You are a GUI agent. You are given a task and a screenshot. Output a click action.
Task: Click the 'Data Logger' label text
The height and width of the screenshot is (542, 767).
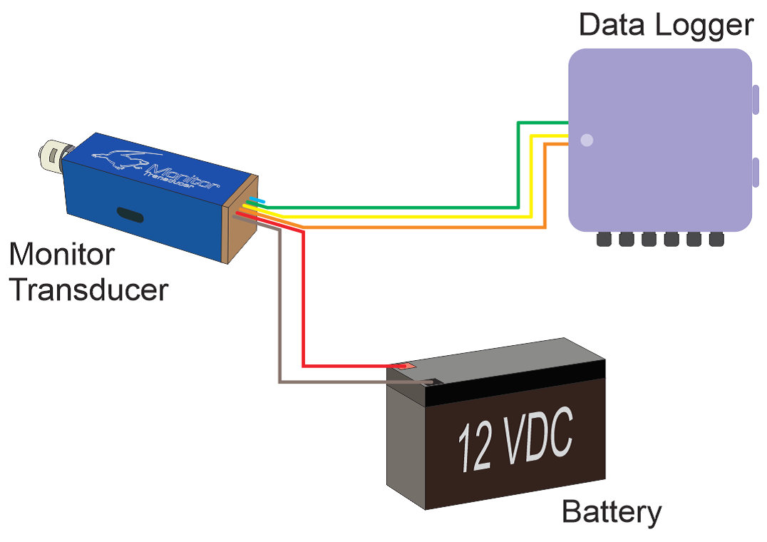[x=665, y=25]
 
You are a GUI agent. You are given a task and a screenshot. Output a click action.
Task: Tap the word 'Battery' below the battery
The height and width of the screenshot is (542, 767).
[x=611, y=513]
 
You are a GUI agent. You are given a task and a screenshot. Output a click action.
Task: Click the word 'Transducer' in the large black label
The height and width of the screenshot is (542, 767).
[x=89, y=290]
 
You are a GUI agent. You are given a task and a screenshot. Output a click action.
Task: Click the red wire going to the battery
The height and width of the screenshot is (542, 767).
[x=304, y=300]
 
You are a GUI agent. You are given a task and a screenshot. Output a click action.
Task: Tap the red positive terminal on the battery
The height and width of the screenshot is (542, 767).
[x=404, y=366]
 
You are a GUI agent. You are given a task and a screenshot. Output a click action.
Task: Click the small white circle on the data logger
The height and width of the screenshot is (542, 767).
[x=587, y=140]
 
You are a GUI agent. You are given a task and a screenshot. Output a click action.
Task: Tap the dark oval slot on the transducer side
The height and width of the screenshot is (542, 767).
[x=130, y=213]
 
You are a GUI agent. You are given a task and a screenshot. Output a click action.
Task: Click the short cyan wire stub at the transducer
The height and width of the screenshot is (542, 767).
[x=257, y=202]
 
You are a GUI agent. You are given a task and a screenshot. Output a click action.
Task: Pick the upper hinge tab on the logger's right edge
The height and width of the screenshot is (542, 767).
[x=755, y=99]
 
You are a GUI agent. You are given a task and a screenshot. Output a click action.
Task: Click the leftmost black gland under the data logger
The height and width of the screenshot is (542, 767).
[x=604, y=240]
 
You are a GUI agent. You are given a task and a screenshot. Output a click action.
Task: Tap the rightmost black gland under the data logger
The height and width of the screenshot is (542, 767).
[x=716, y=240]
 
